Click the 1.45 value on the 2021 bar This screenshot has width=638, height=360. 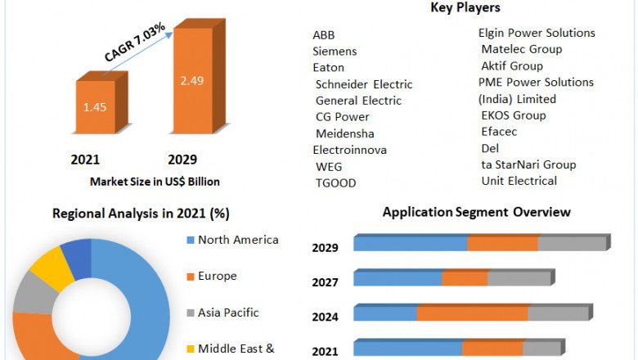(96, 108)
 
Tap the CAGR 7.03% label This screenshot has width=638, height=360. (135, 43)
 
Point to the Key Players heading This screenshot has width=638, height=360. (465, 8)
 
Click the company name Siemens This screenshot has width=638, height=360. (335, 51)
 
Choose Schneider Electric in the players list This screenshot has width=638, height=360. (363, 83)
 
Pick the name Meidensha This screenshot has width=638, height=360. (344, 133)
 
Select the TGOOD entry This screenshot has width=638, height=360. (335, 182)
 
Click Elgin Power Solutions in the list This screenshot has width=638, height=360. (537, 33)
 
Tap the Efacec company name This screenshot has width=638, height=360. (499, 131)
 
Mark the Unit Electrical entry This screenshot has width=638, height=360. (519, 180)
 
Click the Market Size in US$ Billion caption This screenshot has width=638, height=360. (155, 181)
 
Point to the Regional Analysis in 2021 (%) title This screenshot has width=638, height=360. (141, 214)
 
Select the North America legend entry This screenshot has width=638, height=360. (238, 240)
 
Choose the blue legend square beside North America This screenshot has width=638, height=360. (190, 241)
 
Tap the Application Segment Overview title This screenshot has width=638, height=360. (476, 212)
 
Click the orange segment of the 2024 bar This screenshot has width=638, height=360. (472, 313)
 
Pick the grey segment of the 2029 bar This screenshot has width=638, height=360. (570, 244)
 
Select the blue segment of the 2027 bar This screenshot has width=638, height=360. (398, 279)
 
